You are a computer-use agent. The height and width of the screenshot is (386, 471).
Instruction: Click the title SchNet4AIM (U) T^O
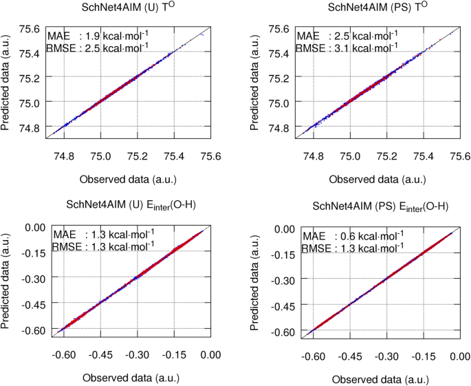pos(127,9)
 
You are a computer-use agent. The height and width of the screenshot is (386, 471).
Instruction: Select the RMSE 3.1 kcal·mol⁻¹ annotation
pos(347,48)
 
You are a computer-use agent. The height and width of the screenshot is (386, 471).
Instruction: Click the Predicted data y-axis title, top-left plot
pos(8,80)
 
